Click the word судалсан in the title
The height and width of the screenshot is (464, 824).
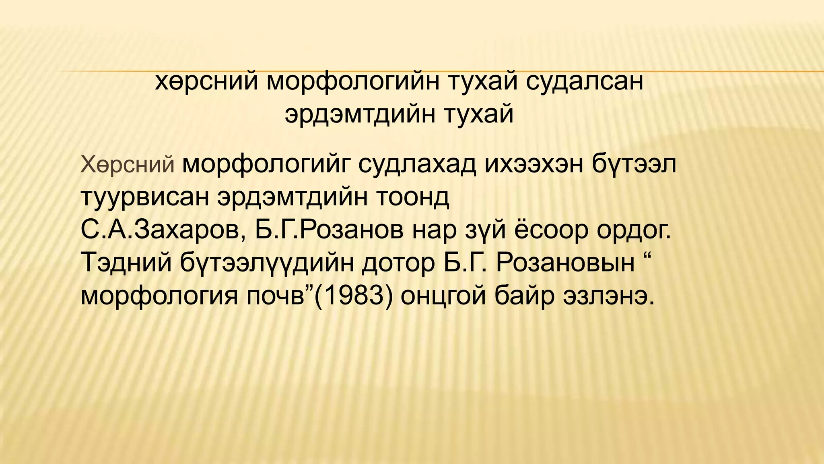point(584,81)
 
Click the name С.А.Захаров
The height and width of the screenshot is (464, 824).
point(163,230)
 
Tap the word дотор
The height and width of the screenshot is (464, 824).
point(399,263)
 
